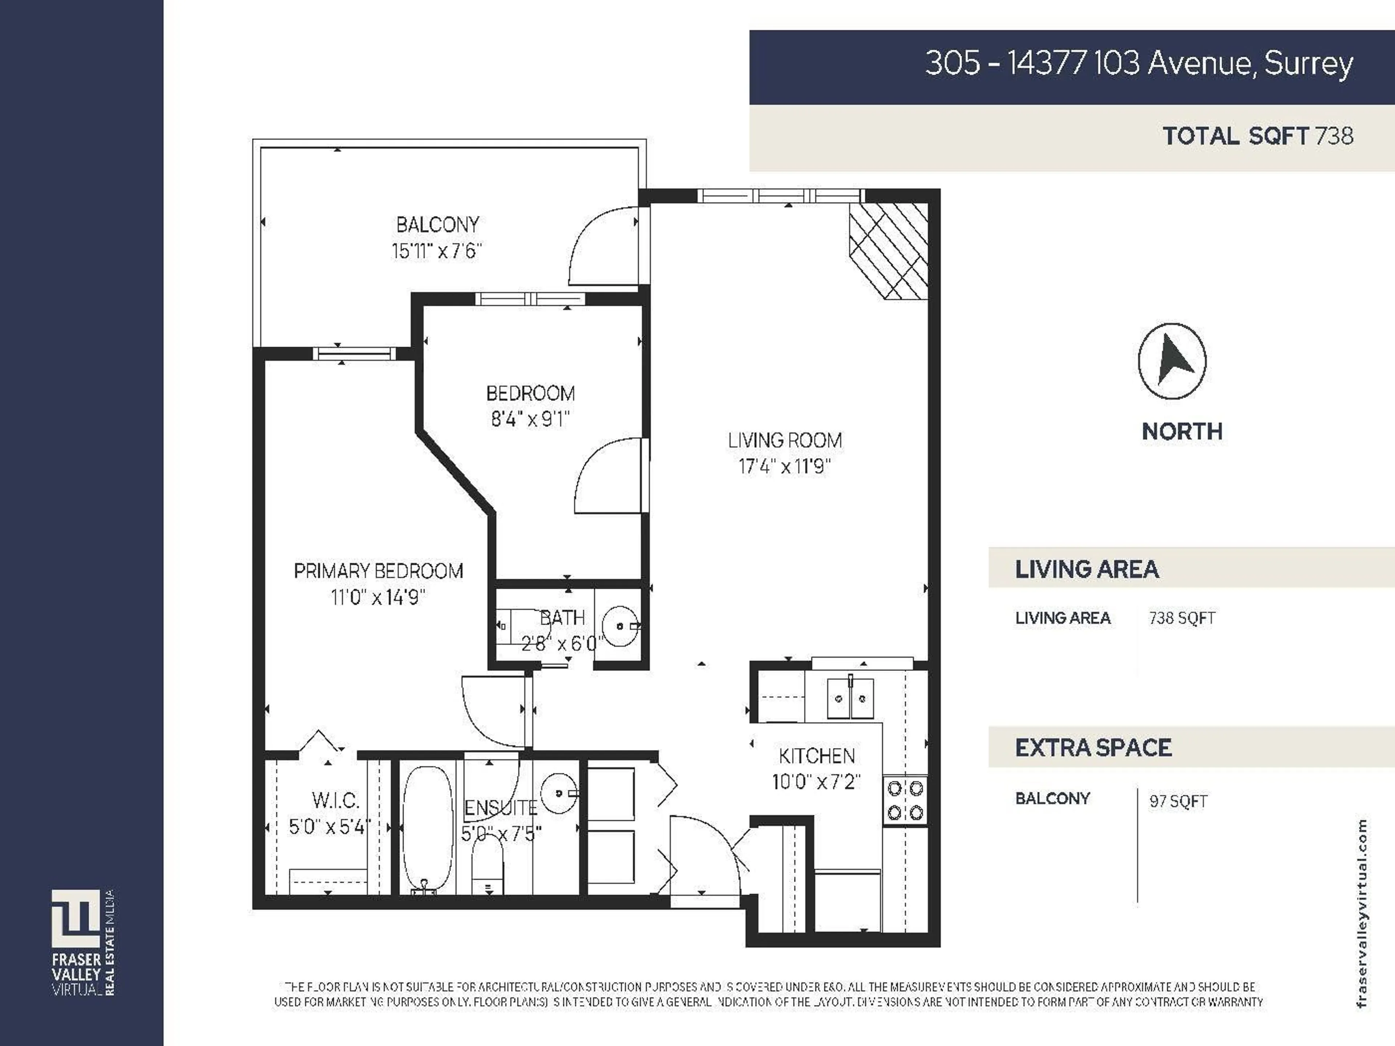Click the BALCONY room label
pyautogui.click(x=437, y=224)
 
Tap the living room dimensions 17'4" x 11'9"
pyautogui.click(x=785, y=467)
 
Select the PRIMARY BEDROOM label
pyautogui.click(x=379, y=571)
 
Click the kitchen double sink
pyautogui.click(x=850, y=698)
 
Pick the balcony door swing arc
pyautogui.click(x=599, y=246)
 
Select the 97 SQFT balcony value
pyautogui.click(x=1178, y=801)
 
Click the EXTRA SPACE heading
pyautogui.click(x=1093, y=748)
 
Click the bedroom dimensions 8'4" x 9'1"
pyautogui.click(x=530, y=419)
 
